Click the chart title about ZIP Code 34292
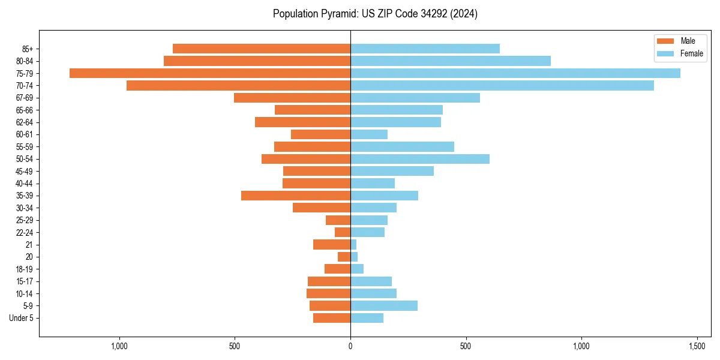tap(375, 14)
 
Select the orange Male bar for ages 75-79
tap(210, 73)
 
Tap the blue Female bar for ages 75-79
tap(515, 73)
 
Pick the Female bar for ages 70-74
tap(502, 86)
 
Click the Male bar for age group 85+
tap(262, 49)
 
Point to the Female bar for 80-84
tap(451, 61)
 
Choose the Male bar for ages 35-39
tap(296, 196)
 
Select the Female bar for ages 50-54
tap(420, 159)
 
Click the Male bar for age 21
tap(332, 245)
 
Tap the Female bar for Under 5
tap(367, 318)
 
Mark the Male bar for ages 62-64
tap(302, 122)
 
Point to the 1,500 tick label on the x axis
tap(697, 346)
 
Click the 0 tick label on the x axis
tap(350, 346)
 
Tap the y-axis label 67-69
tap(24, 98)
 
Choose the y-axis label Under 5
tap(21, 318)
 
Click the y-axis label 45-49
tap(24, 171)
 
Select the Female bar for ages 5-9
tap(384, 306)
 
